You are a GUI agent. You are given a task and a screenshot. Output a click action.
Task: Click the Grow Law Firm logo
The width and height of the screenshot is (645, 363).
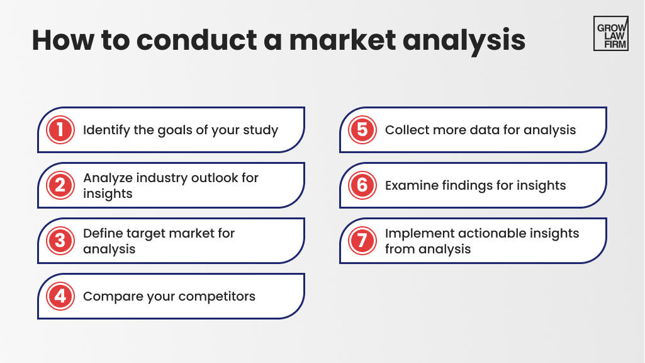click(x=611, y=33)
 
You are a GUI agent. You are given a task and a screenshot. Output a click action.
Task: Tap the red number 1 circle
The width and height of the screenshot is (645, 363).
click(x=60, y=130)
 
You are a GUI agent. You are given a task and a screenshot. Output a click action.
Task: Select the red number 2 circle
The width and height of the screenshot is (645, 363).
click(x=60, y=185)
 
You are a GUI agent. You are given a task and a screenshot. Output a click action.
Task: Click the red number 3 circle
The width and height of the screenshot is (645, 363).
click(x=60, y=241)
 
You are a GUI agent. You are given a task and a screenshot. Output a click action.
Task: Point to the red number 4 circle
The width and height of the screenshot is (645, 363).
click(x=60, y=296)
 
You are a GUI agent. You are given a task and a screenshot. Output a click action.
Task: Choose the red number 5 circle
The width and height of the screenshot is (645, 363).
click(x=362, y=130)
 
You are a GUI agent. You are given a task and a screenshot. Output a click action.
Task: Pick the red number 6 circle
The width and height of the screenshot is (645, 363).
click(x=362, y=185)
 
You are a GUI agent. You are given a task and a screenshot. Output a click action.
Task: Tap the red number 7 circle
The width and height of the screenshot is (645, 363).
click(x=362, y=241)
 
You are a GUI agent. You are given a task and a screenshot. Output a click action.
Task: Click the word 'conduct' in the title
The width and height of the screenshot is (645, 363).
click(x=196, y=40)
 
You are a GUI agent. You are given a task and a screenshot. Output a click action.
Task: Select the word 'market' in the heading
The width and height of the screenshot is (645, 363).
click(x=343, y=40)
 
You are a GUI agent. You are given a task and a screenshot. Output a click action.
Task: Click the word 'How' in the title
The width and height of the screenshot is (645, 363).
click(x=63, y=40)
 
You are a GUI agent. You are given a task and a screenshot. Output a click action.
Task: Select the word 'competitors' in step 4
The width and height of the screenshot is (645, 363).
click(x=216, y=297)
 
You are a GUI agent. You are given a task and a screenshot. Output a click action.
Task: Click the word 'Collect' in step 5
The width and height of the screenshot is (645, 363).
click(x=405, y=130)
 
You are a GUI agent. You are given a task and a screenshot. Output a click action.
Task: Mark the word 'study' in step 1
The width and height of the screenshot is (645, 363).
click(x=261, y=130)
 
